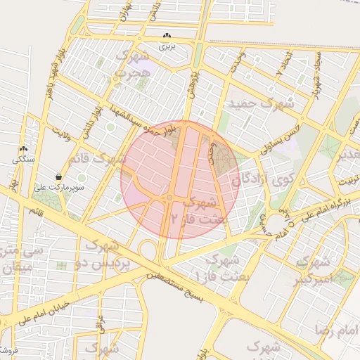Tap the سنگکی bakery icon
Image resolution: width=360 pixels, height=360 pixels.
(23, 149)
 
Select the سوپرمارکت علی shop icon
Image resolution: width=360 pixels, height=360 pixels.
(58, 176)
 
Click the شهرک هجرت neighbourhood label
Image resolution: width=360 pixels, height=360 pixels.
(134, 63)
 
